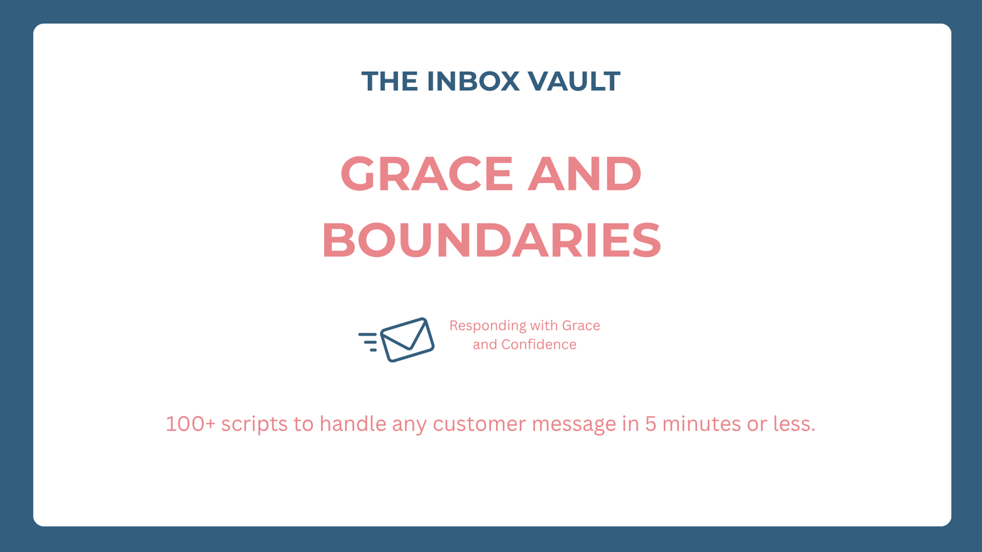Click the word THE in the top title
[x=390, y=81]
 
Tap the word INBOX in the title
[x=473, y=81]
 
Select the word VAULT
[x=574, y=81]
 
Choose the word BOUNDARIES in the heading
[x=492, y=240]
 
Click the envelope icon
[x=407, y=340]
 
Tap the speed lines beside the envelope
[x=368, y=342]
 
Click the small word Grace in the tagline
[x=581, y=326]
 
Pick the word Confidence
[x=539, y=344]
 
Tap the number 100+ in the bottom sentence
[x=191, y=424]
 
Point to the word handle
[x=353, y=424]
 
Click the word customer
[x=479, y=424]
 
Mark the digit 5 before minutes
[x=651, y=424]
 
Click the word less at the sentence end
[x=794, y=424]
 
